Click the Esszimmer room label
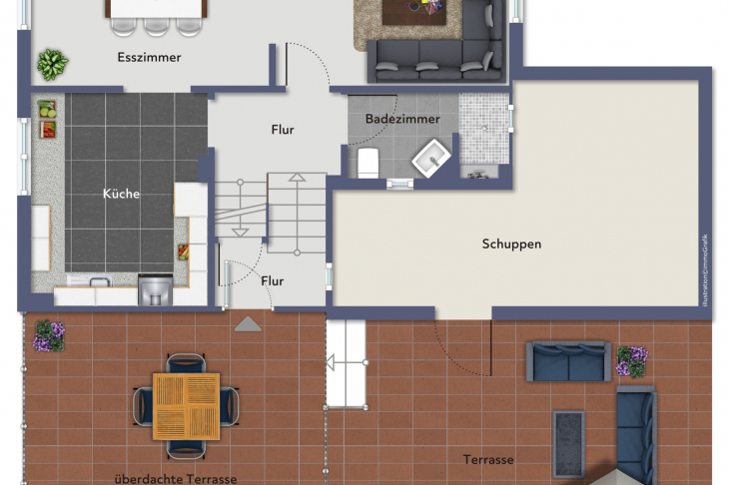click(149, 58)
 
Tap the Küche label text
click(121, 194)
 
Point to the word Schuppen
click(511, 243)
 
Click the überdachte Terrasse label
click(176, 479)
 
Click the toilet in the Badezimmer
click(367, 162)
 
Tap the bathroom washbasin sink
click(432, 158)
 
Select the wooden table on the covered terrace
click(187, 406)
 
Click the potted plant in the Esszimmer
click(52, 65)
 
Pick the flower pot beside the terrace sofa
click(631, 360)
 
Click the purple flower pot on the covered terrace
click(48, 335)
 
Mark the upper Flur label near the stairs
click(283, 130)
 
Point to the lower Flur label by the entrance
click(273, 281)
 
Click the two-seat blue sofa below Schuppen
click(568, 362)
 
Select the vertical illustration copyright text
click(703, 270)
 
